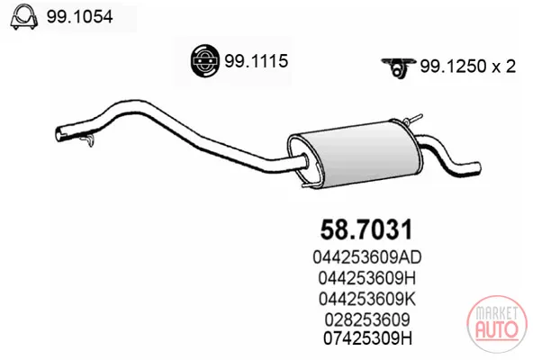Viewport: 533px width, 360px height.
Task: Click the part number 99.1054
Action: [79, 16]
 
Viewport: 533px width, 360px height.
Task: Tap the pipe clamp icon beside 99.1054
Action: [23, 17]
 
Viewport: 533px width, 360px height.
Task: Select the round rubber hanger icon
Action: [204, 61]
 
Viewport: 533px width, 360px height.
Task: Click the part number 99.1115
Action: [256, 61]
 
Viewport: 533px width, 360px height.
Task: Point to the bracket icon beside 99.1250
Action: [398, 67]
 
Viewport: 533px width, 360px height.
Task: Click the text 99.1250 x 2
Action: [468, 67]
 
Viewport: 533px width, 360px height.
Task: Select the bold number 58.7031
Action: [366, 229]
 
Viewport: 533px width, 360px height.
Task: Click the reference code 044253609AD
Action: [367, 257]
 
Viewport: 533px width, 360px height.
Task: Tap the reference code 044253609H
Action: [367, 278]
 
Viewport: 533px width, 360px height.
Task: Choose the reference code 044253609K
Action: [367, 299]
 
